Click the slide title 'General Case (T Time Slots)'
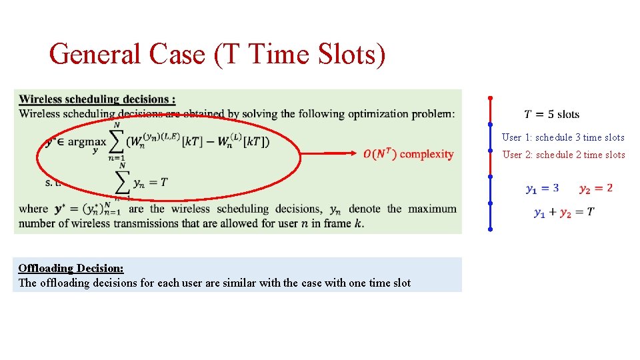coord(217,54)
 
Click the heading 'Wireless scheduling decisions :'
coord(97,99)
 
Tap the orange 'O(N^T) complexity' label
coord(409,154)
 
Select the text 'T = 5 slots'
coord(551,114)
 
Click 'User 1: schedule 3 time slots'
coord(563,137)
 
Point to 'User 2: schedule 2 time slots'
coord(563,155)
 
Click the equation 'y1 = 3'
coord(542,188)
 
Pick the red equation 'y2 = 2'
coord(595,188)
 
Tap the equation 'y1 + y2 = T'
coord(564,212)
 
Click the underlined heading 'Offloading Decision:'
coord(71,268)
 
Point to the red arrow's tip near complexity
coord(358,153)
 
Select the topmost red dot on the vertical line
coord(490,97)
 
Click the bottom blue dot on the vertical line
coord(490,229)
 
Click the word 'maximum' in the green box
coord(432,209)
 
